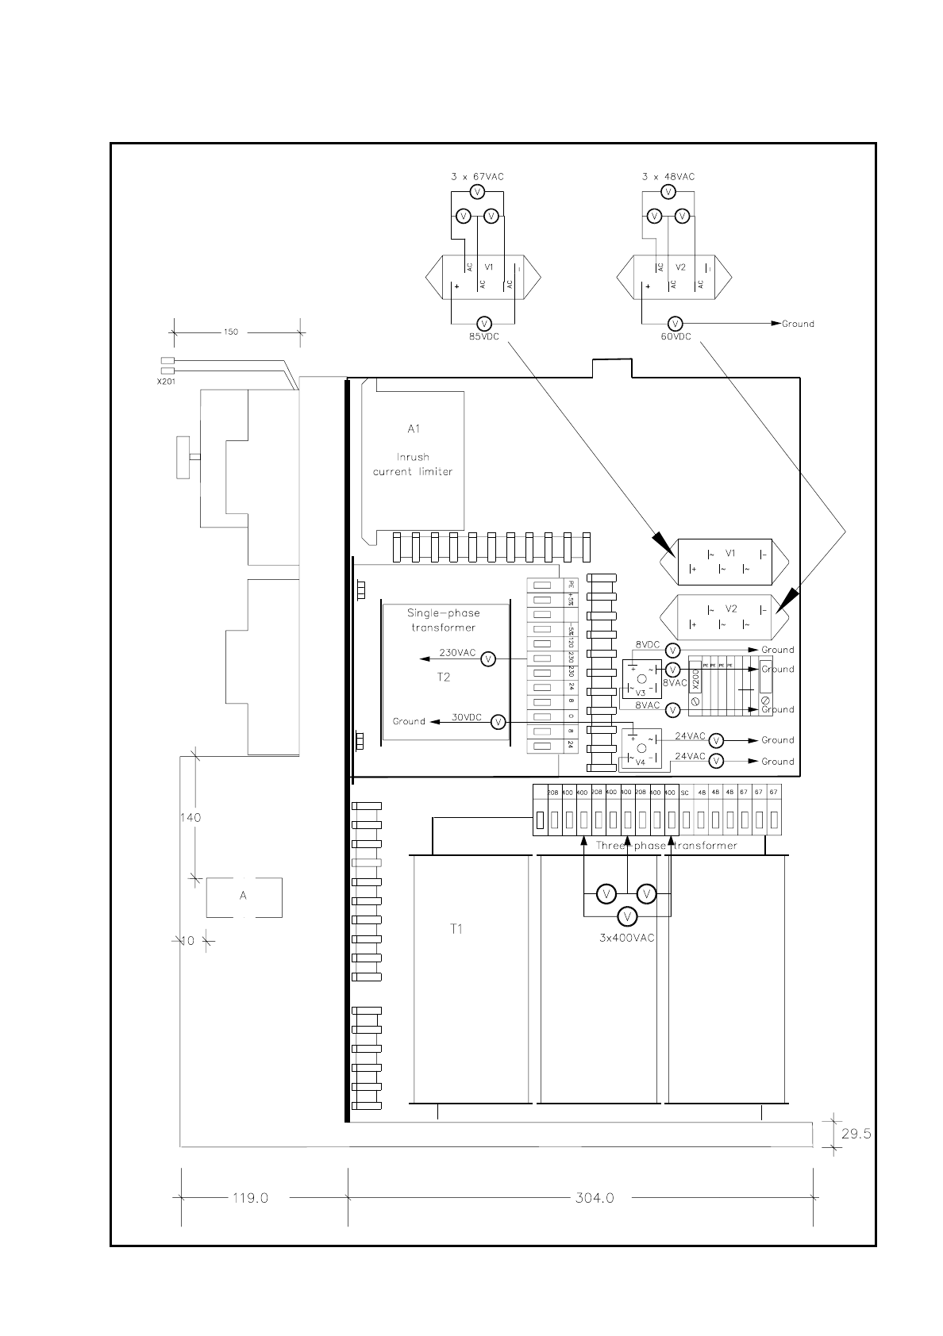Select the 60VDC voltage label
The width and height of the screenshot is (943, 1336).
pyautogui.click(x=675, y=336)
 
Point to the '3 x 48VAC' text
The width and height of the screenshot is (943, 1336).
pyautogui.click(x=668, y=177)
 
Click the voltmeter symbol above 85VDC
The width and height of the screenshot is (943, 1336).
pyautogui.click(x=484, y=324)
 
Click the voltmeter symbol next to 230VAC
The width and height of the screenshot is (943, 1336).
pyautogui.click(x=489, y=659)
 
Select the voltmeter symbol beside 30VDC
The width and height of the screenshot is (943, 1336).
pyautogui.click(x=498, y=722)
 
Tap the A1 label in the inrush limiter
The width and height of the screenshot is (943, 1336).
pyautogui.click(x=414, y=429)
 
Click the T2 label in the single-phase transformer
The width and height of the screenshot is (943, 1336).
pyautogui.click(x=444, y=677)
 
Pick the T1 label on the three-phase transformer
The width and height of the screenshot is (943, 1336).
pyautogui.click(x=456, y=929)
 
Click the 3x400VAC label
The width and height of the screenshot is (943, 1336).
pyautogui.click(x=627, y=938)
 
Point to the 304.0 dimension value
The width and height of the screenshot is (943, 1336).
pyautogui.click(x=595, y=1198)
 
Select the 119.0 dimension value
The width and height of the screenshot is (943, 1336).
pyautogui.click(x=250, y=1198)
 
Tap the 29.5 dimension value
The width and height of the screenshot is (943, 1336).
pyautogui.click(x=856, y=1134)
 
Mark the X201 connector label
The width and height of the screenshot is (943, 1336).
pyautogui.click(x=167, y=380)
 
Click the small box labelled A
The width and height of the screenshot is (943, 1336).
pyautogui.click(x=244, y=896)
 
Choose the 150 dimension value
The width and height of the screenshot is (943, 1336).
pyautogui.click(x=230, y=332)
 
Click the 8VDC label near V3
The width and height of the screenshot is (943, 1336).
pyautogui.click(x=648, y=645)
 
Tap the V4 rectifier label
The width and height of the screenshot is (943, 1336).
pyautogui.click(x=641, y=762)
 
